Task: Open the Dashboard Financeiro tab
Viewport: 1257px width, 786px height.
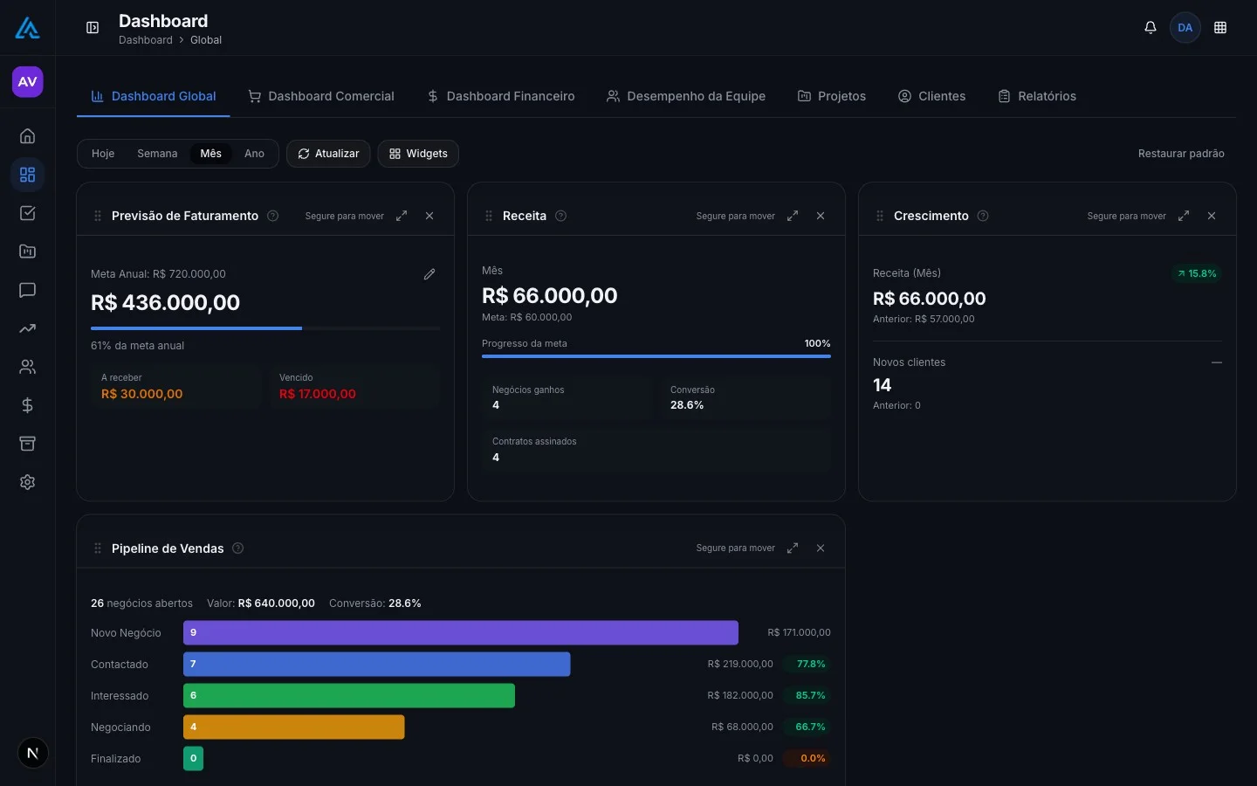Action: pos(500,96)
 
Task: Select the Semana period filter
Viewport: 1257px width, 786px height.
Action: pos(157,154)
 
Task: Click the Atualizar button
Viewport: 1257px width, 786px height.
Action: pos(328,154)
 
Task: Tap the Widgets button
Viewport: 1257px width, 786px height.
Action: pos(418,154)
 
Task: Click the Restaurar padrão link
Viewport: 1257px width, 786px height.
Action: pos(1181,154)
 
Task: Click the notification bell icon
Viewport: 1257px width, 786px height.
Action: pos(1150,28)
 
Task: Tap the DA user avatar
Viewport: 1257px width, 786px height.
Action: pos(1185,28)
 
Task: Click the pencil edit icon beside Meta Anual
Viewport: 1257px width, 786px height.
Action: pos(429,274)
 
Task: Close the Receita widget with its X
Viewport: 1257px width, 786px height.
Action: pos(821,216)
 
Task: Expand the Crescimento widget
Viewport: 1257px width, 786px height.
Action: pos(1184,216)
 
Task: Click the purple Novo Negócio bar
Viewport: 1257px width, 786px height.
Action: pos(461,632)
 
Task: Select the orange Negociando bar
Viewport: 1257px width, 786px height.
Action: pos(293,727)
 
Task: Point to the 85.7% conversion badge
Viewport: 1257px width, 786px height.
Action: pos(810,695)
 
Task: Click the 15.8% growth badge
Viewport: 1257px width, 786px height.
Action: pos(1197,273)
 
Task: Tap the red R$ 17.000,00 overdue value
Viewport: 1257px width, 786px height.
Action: pos(318,394)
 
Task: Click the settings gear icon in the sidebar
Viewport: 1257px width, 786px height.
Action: pos(28,482)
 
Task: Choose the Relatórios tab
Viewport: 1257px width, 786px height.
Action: pos(1037,96)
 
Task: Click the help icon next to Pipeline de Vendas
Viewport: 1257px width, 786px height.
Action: pos(238,548)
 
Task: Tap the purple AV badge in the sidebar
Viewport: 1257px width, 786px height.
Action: pos(28,82)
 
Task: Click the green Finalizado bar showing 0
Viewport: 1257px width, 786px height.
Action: pos(193,758)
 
